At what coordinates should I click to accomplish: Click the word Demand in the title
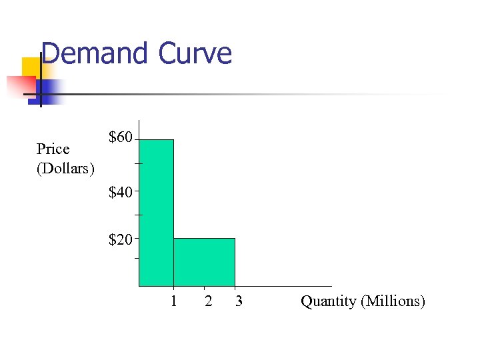95,53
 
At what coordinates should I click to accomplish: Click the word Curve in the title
195,53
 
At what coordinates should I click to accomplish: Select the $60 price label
120,138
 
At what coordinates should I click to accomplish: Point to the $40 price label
120,193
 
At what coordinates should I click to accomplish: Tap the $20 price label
120,239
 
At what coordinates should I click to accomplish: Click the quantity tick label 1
173,301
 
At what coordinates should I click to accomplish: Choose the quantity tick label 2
209,301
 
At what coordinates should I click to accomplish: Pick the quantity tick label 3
239,301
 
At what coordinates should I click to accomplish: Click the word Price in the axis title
53,149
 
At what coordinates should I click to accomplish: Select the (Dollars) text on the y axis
65,167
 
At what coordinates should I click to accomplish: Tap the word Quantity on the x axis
329,301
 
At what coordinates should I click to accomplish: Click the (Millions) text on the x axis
393,301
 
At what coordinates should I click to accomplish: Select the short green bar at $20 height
204,262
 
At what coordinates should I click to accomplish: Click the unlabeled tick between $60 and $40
137,163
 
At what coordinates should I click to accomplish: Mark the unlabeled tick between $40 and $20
137,215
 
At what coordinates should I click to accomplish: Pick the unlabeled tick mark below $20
137,258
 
